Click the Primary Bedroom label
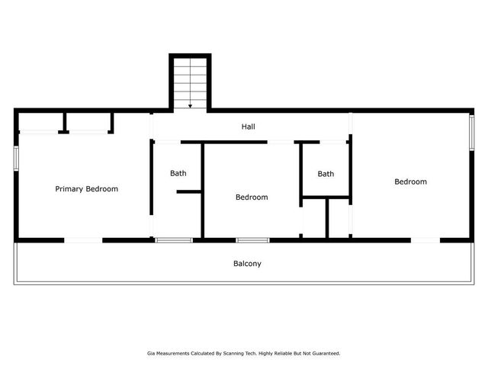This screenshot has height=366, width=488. pos(86,188)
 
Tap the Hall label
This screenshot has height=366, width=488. pos(249,127)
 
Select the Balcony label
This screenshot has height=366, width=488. pos(247,264)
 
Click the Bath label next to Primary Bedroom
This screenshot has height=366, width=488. pos(178,173)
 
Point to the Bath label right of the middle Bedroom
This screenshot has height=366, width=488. pos(326,174)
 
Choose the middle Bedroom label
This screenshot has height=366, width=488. pos(252,197)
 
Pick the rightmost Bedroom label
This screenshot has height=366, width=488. pos(410,181)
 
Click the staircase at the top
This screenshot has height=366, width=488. pos(189,82)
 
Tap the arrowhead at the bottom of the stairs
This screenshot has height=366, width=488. pos(190,106)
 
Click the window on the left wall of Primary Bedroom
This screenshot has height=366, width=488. pos(16,158)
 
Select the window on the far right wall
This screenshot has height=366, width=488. pos(472,130)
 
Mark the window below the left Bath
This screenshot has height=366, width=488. pos(174,240)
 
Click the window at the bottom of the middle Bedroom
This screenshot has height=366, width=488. pos(252,240)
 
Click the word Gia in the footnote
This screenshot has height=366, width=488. pos(151,353)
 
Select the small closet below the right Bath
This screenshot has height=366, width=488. pos(313,219)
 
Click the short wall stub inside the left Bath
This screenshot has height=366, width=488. pos(188,191)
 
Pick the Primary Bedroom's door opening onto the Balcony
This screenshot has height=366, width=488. pos(83,240)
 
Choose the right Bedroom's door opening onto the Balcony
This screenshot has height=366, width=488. pos(425,240)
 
